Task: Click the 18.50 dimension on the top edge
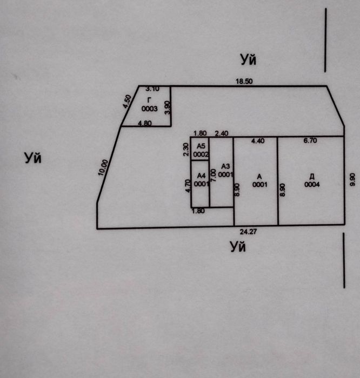tap(244, 81)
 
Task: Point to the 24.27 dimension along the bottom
tap(248, 232)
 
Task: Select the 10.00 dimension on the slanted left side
tap(103, 167)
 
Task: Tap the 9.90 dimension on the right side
tap(352, 179)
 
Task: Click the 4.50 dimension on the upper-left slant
tap(127, 102)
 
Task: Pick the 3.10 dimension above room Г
tap(152, 89)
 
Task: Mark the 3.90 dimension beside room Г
tap(167, 107)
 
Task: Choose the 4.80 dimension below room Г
tap(145, 123)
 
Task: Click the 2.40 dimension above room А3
tap(222, 133)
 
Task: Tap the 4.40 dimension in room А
tap(258, 141)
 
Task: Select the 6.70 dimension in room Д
tap(310, 140)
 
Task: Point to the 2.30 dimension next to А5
tap(186, 150)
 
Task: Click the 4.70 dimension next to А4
tap(188, 186)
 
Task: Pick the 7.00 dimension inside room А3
tap(214, 175)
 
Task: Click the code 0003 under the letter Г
tap(150, 109)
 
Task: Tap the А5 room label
tap(201, 146)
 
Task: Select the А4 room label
tap(201, 175)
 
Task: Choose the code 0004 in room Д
tap(312, 185)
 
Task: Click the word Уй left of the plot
tap(33, 158)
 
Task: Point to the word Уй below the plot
tap(238, 247)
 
